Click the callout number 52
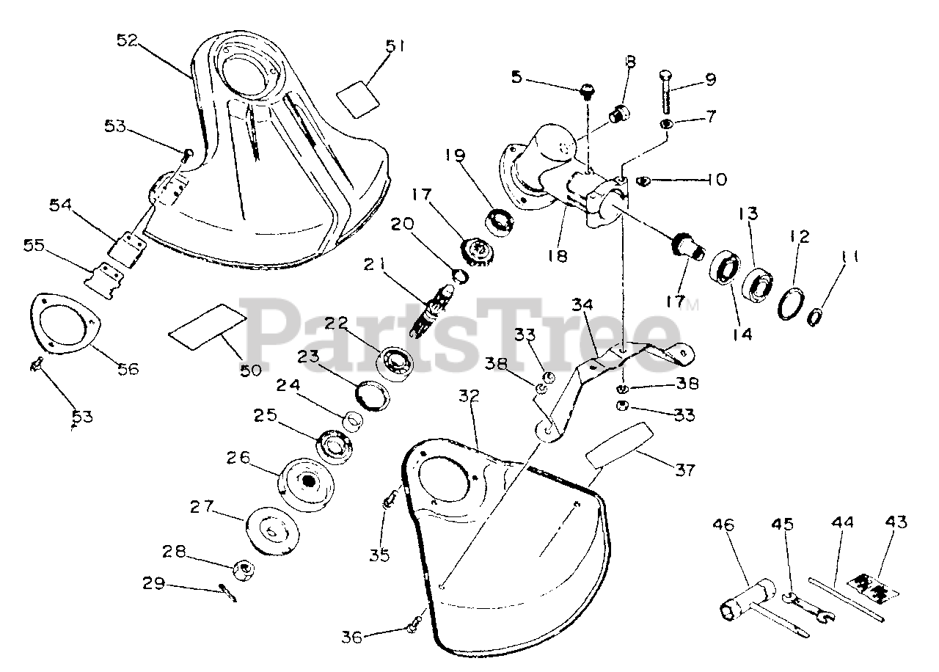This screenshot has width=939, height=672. click(x=128, y=41)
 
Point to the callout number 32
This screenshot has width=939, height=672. click(x=469, y=396)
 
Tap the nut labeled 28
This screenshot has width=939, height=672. click(x=243, y=569)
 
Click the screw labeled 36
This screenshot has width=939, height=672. click(x=414, y=626)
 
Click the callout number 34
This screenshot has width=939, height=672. click(x=582, y=303)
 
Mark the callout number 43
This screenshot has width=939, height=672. click(x=896, y=523)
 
